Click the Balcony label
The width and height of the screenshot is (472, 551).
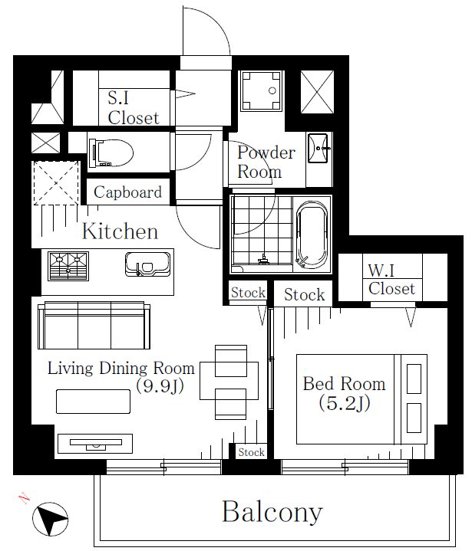(x=272, y=512)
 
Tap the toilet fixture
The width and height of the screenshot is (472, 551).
(x=111, y=153)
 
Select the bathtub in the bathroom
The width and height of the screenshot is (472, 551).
(x=312, y=235)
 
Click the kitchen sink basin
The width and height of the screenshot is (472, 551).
(x=148, y=264)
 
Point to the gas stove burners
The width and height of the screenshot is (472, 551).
(x=68, y=266)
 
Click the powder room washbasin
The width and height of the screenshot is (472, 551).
(x=319, y=148)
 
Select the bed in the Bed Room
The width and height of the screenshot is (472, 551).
(x=361, y=398)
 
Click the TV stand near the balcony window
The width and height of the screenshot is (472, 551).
(x=95, y=444)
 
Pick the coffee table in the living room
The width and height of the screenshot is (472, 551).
(x=94, y=402)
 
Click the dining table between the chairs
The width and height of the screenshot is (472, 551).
(x=229, y=381)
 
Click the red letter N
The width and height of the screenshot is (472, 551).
(x=24, y=498)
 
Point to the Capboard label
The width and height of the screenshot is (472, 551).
(x=127, y=192)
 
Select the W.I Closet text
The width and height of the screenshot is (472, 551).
(x=391, y=280)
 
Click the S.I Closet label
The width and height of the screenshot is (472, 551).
(x=134, y=108)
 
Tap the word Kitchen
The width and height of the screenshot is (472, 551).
(x=120, y=231)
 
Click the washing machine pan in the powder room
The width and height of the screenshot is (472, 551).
(x=261, y=91)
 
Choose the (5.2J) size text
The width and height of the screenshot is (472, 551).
(x=345, y=403)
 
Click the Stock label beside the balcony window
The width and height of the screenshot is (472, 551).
(x=251, y=452)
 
